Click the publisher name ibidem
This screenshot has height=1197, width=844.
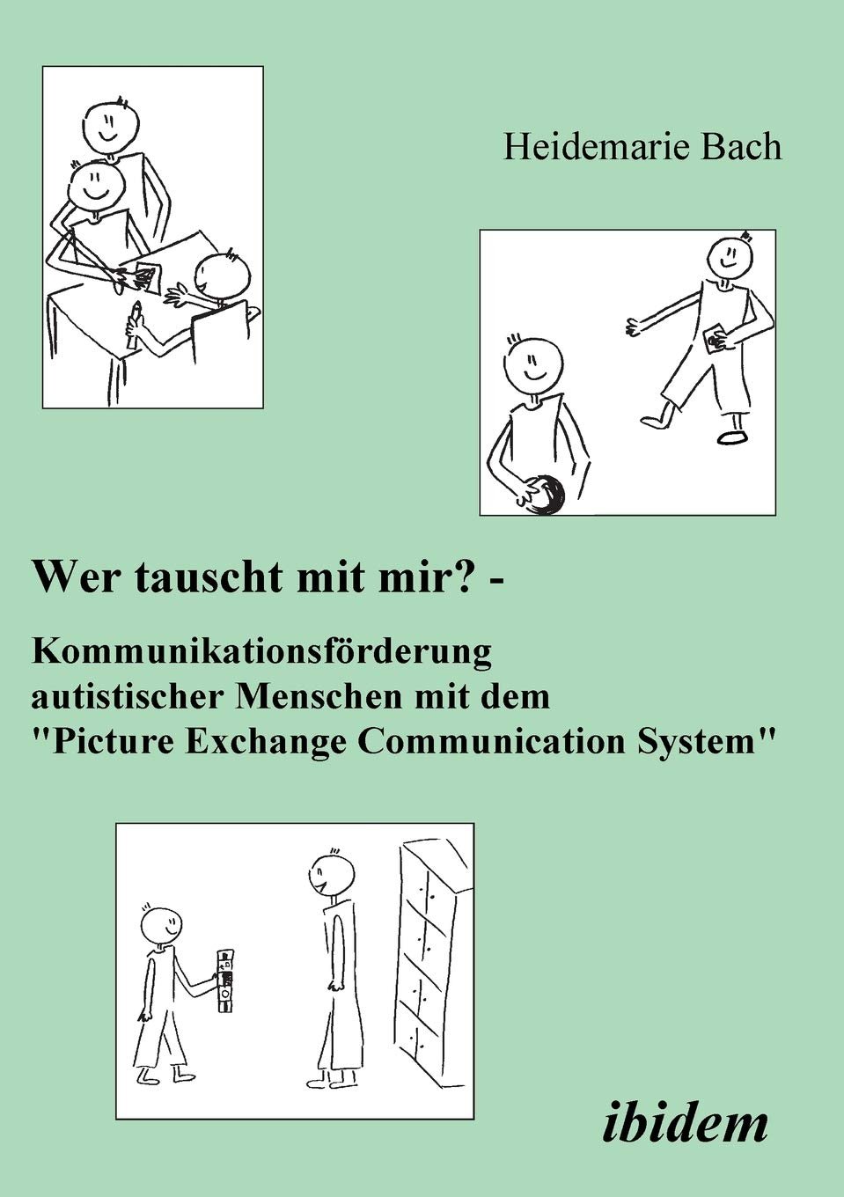(x=686, y=1122)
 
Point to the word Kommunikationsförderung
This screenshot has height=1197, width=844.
(x=261, y=651)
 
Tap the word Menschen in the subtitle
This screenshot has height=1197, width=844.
(x=315, y=696)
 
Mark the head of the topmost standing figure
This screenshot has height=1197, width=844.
(x=113, y=126)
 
